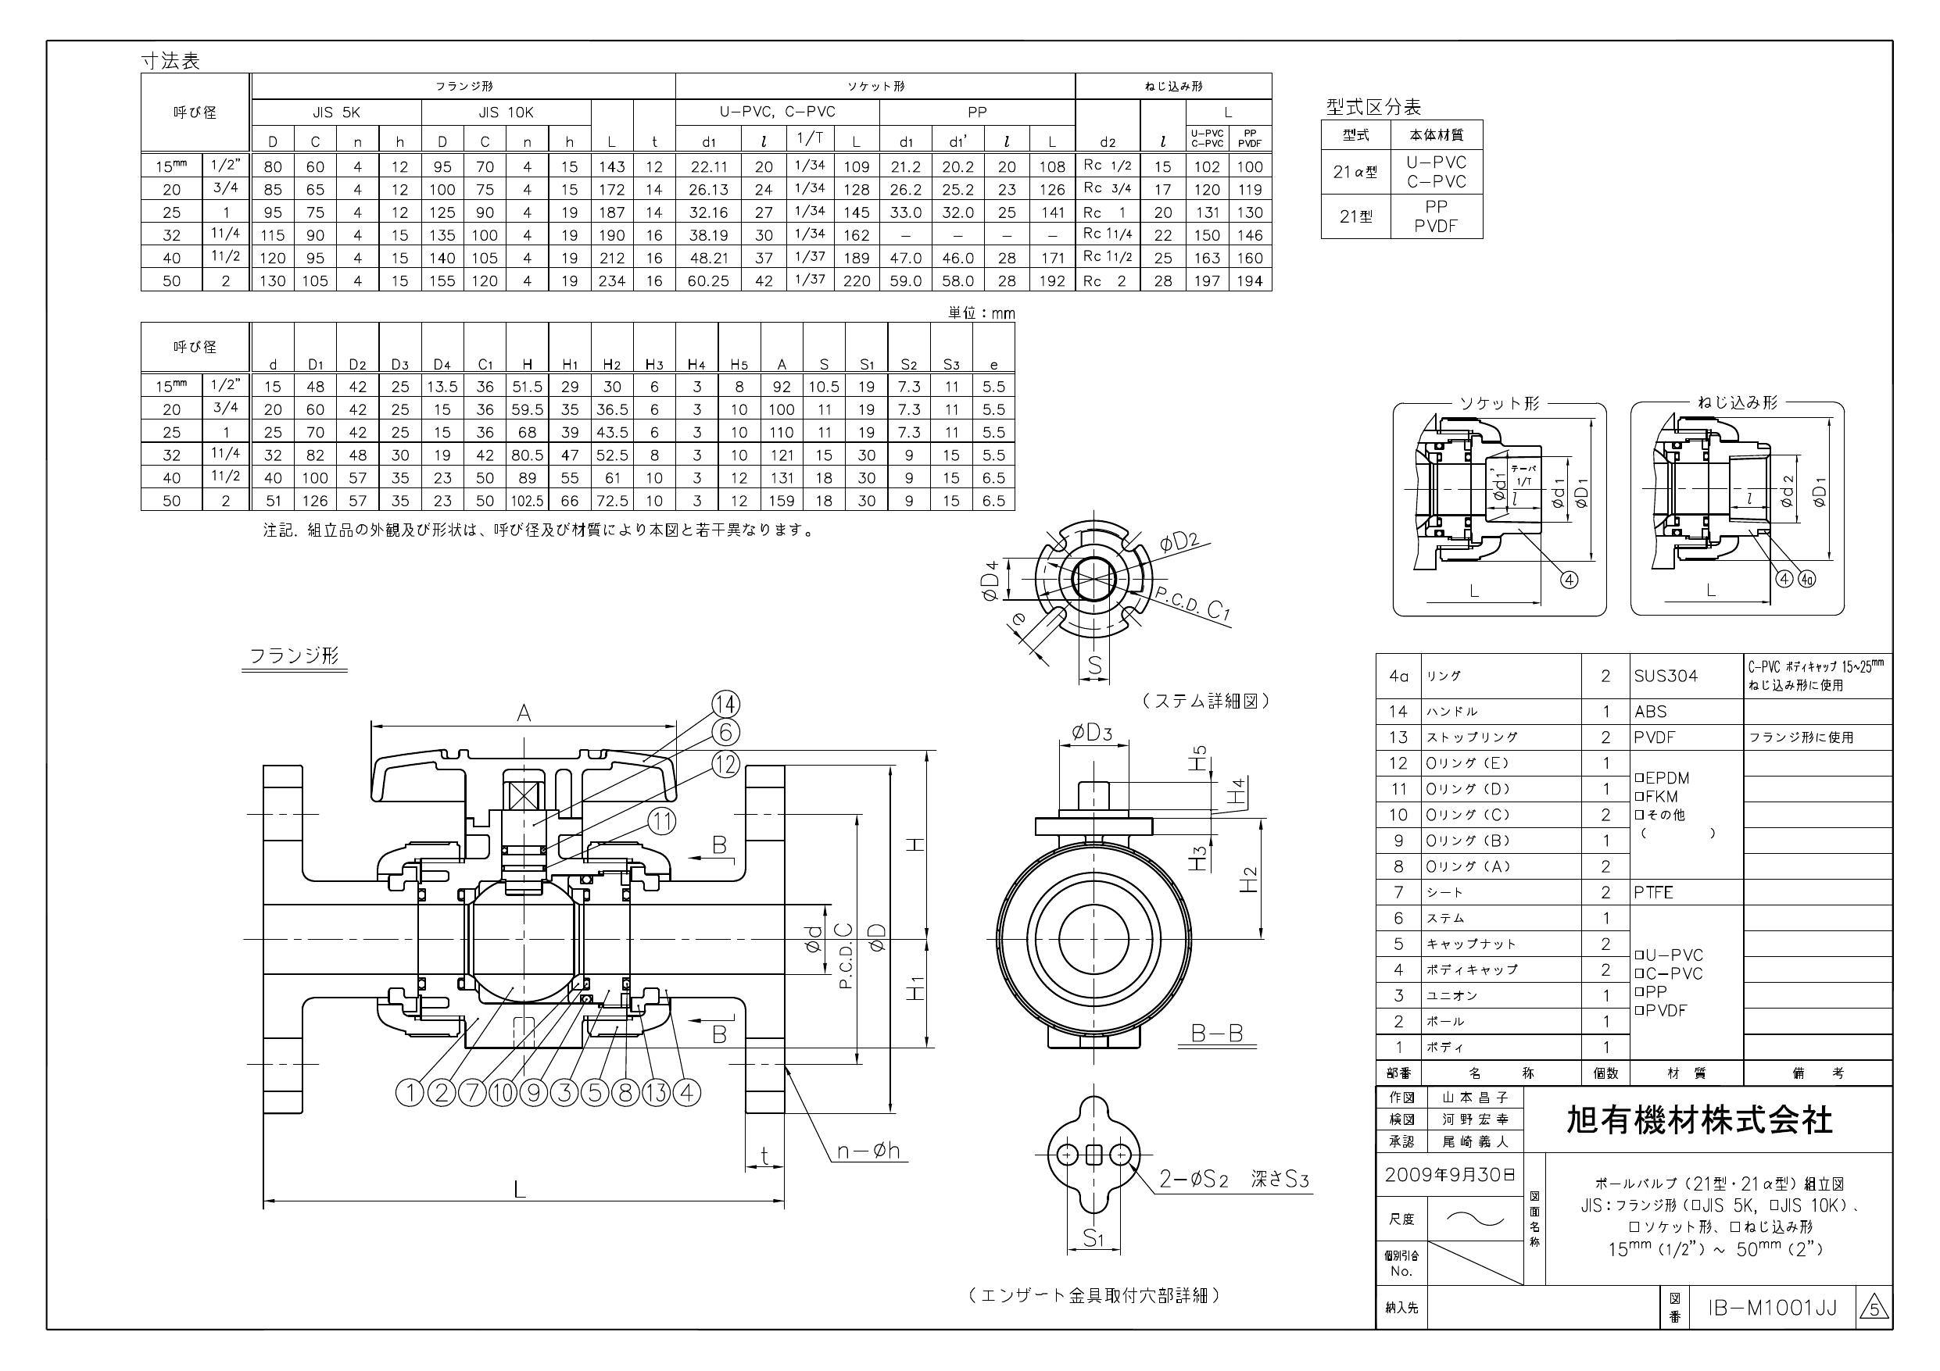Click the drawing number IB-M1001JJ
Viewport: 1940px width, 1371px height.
1772,1308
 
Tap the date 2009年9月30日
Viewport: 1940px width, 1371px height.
1450,1175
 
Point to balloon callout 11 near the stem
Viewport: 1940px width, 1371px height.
664,821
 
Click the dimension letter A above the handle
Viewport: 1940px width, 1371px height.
524,714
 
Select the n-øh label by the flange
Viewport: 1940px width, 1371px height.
868,1150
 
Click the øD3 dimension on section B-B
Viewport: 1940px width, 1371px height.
1092,733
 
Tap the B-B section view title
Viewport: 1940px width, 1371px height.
1217,1033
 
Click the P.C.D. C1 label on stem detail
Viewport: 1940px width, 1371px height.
1192,605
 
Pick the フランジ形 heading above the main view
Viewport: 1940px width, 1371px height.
294,655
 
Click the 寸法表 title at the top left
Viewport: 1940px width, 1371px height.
170,61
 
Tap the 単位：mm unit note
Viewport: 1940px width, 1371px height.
981,313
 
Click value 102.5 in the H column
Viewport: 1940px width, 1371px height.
528,501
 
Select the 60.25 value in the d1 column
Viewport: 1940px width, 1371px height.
708,281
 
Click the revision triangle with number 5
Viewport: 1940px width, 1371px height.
1874,1309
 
